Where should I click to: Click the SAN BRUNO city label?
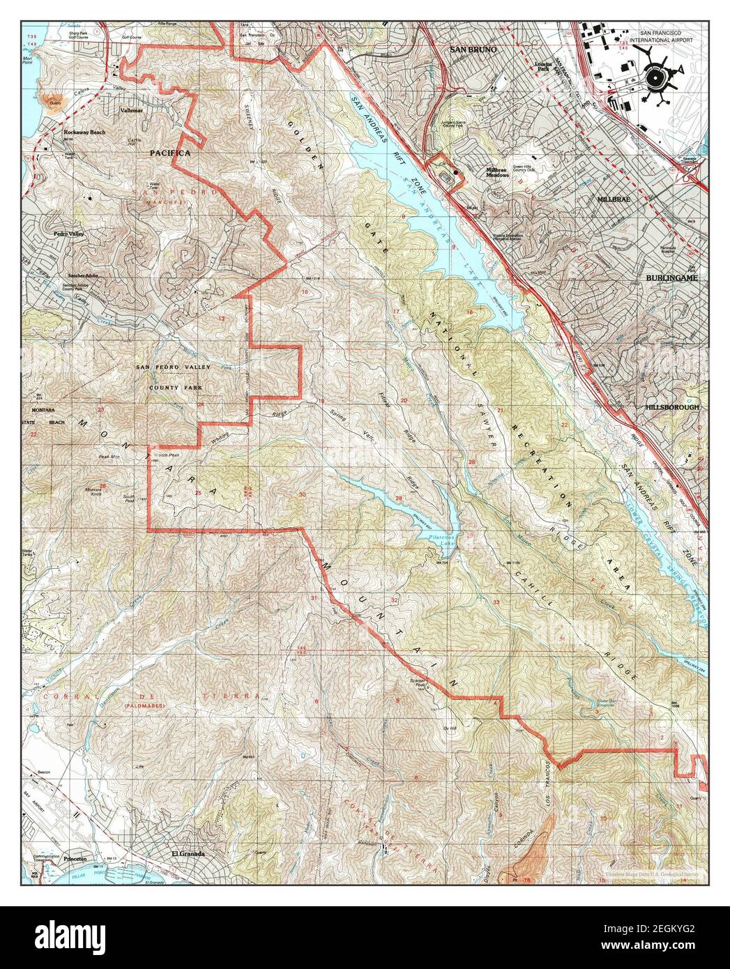[x=472, y=50]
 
